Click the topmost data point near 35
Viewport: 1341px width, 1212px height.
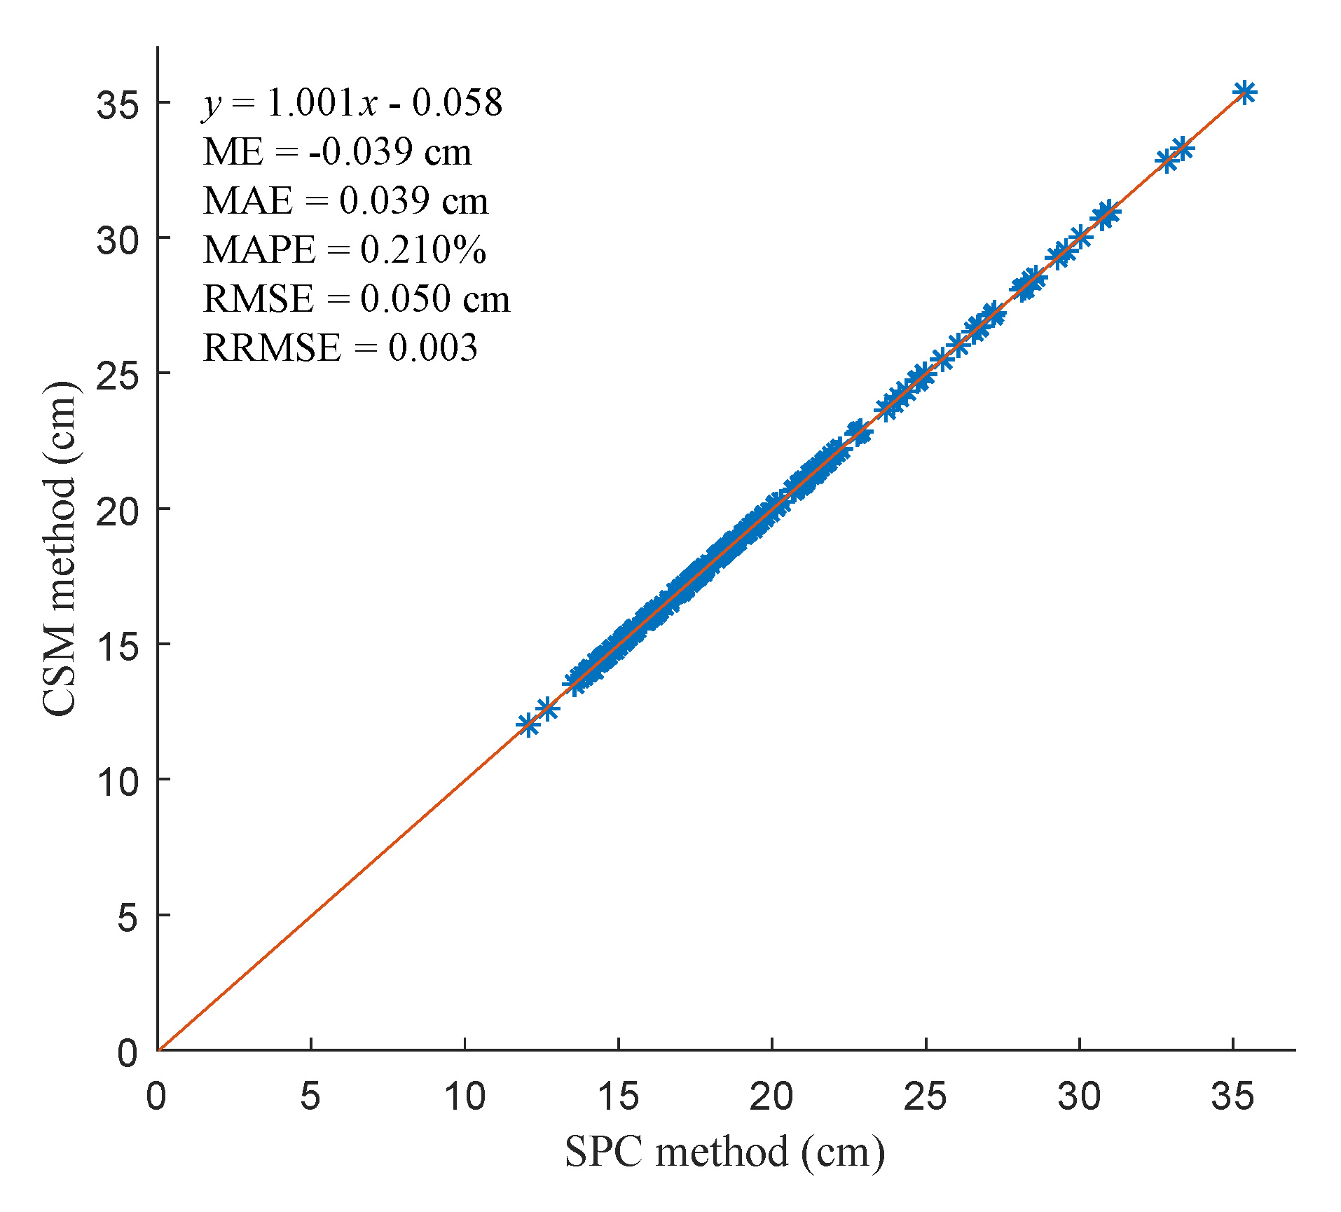[1245, 92]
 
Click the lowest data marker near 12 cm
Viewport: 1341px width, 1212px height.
[528, 724]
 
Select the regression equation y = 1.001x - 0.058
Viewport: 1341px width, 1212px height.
[353, 102]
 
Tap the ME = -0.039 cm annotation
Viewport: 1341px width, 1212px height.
[337, 151]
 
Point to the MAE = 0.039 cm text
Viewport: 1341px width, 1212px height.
[345, 200]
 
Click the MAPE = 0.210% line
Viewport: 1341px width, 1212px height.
[345, 249]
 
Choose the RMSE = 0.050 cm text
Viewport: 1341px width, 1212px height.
[357, 298]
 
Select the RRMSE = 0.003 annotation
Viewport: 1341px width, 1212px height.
[341, 347]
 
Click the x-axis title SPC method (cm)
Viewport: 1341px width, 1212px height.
[725, 1152]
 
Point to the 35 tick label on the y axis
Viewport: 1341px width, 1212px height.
[118, 104]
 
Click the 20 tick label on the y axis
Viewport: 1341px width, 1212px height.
[118, 510]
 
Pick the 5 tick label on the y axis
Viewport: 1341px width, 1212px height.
[128, 916]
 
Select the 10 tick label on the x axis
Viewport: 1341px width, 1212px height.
[465, 1096]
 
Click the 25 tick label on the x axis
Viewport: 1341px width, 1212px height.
[926, 1096]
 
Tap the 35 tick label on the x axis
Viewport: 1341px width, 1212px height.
[1233, 1096]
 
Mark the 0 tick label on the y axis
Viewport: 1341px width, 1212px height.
[128, 1052]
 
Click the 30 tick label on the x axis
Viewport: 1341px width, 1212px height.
[1080, 1096]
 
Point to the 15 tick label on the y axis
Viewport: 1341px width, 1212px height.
[118, 645]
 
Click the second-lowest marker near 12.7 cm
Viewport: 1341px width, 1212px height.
[547, 709]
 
